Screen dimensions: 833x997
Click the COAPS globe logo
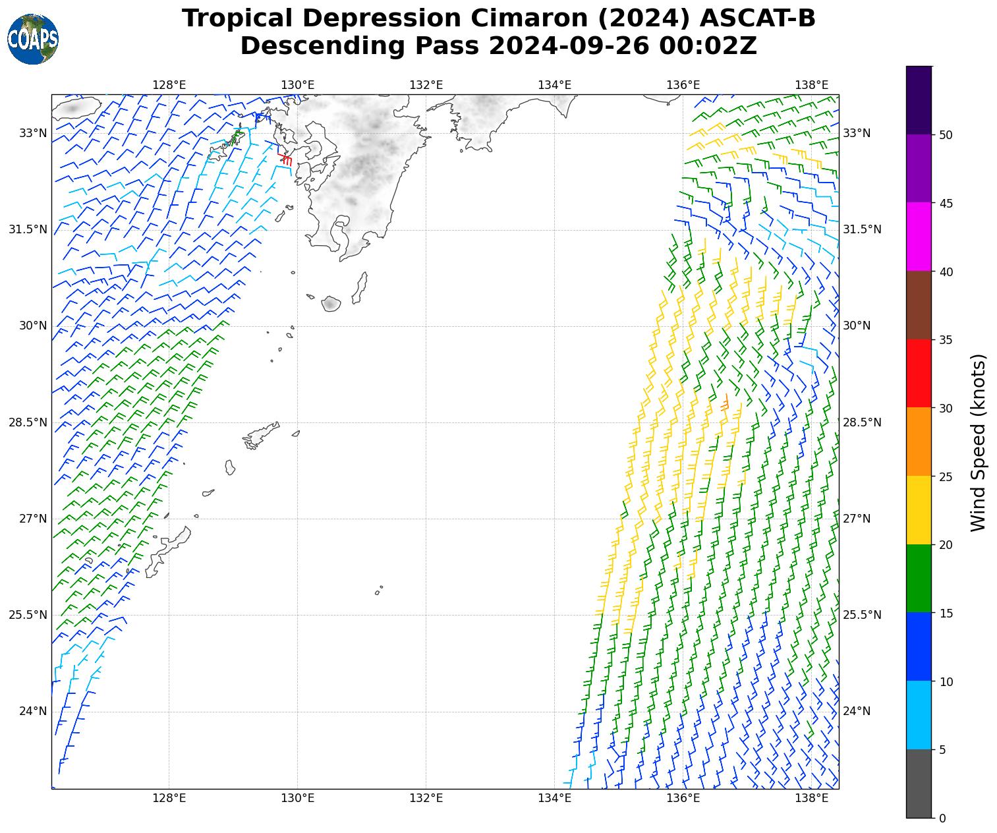pyautogui.click(x=33, y=40)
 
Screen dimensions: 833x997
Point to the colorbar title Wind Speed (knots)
pyautogui.click(x=979, y=442)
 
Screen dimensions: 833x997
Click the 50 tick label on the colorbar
pyautogui.click(x=946, y=135)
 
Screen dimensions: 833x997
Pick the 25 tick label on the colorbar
pyautogui.click(x=946, y=476)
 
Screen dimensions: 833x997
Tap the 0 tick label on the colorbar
pyautogui.click(x=942, y=819)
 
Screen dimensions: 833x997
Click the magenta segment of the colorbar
pyautogui.click(x=919, y=237)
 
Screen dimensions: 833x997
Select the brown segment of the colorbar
pyautogui.click(x=919, y=305)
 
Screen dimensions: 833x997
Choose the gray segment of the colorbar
pyautogui.click(x=919, y=784)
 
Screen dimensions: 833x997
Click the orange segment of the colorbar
pyautogui.click(x=919, y=442)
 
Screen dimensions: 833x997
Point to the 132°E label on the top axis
pyautogui.click(x=426, y=85)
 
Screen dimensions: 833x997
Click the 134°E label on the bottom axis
pyautogui.click(x=554, y=798)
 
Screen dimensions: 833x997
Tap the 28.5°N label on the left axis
pyautogui.click(x=28, y=422)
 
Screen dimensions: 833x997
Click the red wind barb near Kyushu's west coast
pyautogui.click(x=285, y=159)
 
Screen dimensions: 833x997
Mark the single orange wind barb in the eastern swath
pyautogui.click(x=725, y=403)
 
